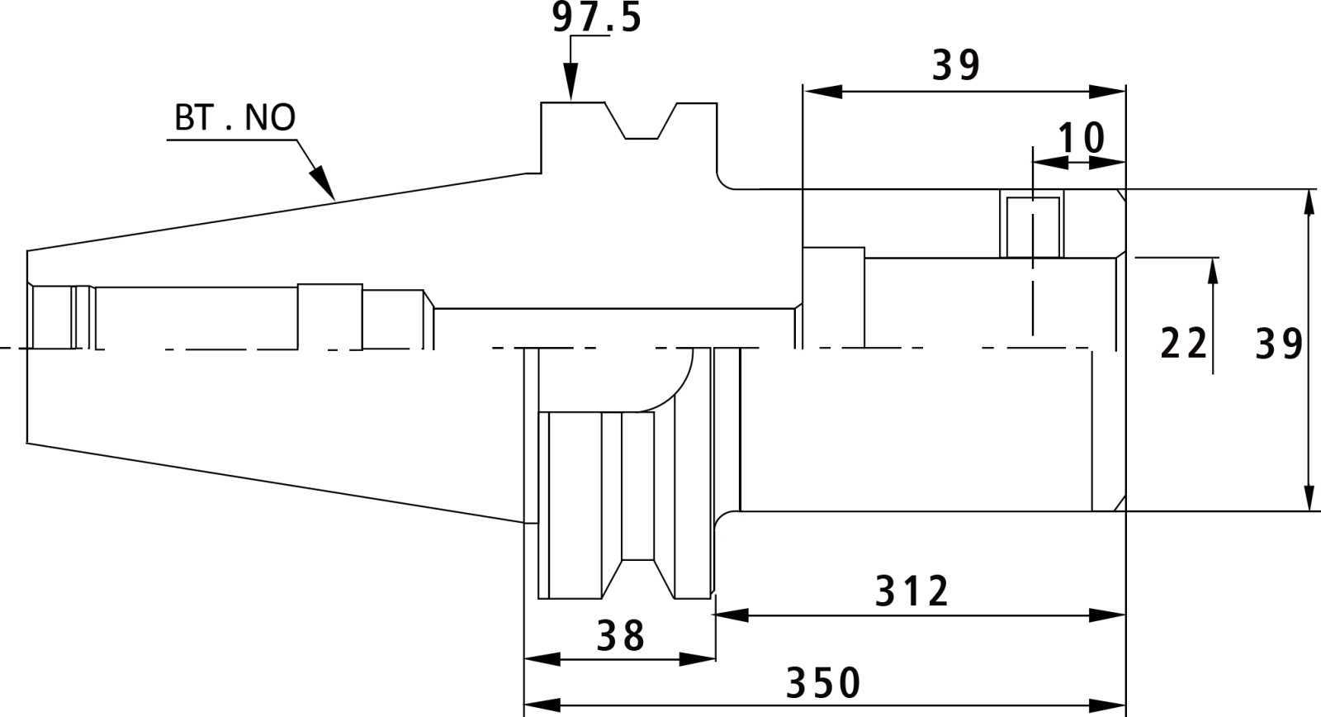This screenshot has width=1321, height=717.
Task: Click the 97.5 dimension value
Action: pos(596,17)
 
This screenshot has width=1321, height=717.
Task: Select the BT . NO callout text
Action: pos(234,117)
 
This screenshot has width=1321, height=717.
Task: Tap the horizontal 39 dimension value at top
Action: pos(957,65)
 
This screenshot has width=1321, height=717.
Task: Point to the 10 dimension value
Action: pos(1081,138)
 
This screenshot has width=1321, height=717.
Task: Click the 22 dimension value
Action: pos(1184,344)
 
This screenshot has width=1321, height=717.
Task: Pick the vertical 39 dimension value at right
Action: pos(1279,344)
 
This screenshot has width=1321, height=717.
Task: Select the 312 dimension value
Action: pos(911,591)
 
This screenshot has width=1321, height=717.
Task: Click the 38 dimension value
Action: pos(621,635)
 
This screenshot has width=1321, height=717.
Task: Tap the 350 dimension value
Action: pos(823,683)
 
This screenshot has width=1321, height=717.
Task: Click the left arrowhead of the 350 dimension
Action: pos(542,705)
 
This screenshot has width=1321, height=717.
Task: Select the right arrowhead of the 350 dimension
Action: pos(1107,705)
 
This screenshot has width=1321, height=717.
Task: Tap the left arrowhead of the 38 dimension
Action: pos(542,659)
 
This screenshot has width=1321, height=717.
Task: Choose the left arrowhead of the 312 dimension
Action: pos(731,615)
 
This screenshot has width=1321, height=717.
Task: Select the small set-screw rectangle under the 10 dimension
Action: pos(1033,227)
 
